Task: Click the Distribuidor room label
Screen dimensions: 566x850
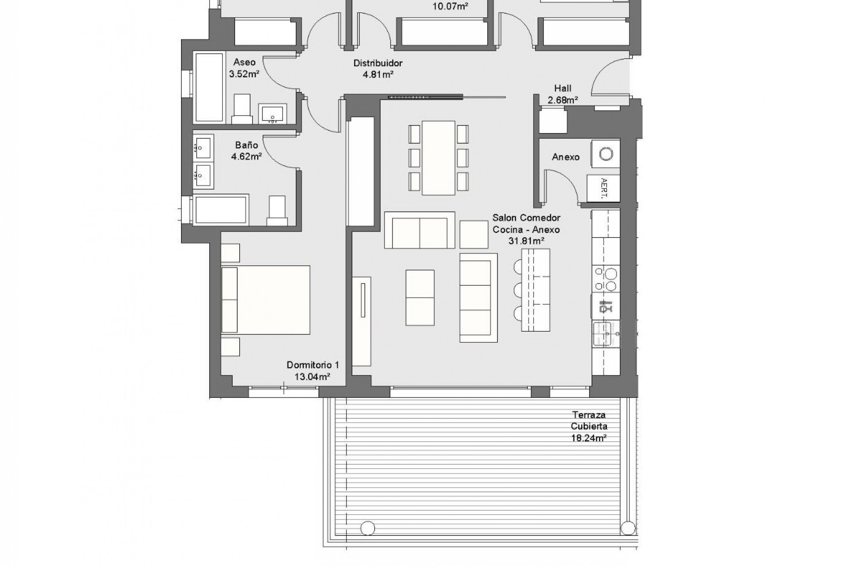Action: pos(378,63)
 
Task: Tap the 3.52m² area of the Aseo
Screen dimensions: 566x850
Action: pos(244,74)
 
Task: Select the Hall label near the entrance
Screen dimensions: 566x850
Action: pos(563,88)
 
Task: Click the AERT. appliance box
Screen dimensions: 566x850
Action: pos(603,188)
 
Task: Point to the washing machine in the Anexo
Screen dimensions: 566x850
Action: pos(606,154)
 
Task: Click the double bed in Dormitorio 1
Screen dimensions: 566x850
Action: pos(266,300)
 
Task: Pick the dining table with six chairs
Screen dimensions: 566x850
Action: pos(438,158)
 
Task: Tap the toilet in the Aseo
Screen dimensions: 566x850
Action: pos(242,109)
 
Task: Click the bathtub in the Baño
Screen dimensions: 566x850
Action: pos(221,210)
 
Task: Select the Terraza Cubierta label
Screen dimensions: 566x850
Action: pos(588,421)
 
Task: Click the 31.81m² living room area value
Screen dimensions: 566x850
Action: pos(526,241)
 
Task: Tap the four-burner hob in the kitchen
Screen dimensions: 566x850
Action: pos(606,279)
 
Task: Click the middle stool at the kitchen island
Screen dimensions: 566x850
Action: pos(518,290)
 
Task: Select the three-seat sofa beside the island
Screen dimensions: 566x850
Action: pos(478,298)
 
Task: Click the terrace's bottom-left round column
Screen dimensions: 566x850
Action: pos(367,528)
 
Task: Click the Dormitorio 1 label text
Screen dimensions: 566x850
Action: pos(313,365)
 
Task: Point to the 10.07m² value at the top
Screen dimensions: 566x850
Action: pos(450,7)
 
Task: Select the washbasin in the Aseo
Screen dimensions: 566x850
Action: pos(273,114)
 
